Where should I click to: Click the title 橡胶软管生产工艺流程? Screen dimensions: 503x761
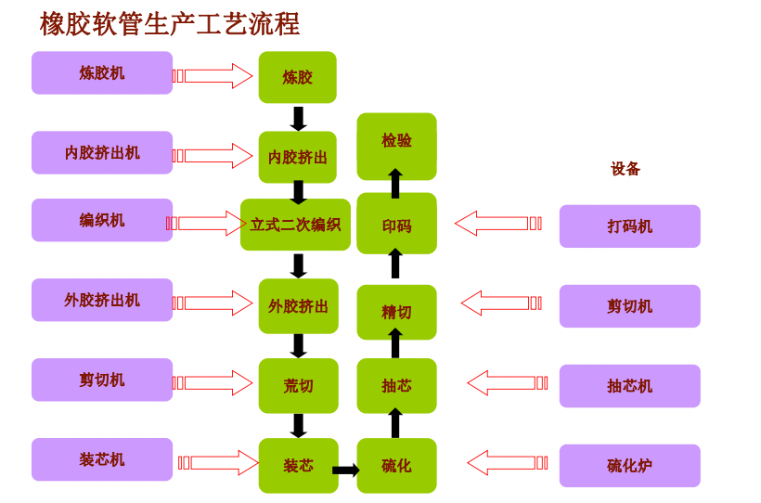tap(169, 24)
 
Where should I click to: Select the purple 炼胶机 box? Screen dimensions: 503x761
tap(102, 72)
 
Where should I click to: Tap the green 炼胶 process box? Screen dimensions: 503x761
tap(297, 77)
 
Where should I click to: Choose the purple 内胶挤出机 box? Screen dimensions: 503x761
tap(102, 152)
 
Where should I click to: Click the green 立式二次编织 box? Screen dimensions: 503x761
tap(295, 225)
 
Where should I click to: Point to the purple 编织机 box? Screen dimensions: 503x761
tap(102, 220)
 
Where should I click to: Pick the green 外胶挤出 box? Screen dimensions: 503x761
tap(298, 305)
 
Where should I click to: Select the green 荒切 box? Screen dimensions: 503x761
tap(298, 385)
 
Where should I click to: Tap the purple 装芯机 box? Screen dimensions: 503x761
tap(102, 459)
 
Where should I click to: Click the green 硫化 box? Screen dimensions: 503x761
tap(396, 465)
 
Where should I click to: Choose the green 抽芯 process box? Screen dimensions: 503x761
tap(396, 385)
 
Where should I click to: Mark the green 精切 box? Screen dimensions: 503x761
tap(396, 312)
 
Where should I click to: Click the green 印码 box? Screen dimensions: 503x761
tap(396, 225)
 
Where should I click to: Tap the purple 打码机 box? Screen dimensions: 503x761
tap(629, 226)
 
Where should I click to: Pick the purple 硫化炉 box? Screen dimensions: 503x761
tap(629, 465)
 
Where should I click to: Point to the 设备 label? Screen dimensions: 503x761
tap(626, 169)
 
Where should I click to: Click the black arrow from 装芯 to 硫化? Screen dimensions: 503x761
tap(345, 470)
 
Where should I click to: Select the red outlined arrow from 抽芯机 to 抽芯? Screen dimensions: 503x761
tap(506, 382)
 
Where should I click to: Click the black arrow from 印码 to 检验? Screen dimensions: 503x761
tap(395, 183)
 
